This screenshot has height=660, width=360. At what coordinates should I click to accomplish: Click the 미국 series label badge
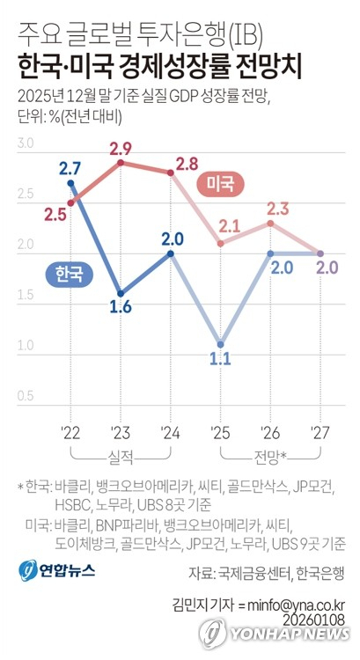tap(220, 183)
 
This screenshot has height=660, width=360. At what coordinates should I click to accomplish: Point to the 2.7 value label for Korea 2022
tap(70, 167)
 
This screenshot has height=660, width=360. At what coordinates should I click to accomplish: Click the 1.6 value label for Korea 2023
tap(121, 308)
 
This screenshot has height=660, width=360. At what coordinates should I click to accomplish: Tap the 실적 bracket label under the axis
tap(121, 456)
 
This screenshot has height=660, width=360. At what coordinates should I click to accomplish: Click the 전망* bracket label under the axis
tap(271, 456)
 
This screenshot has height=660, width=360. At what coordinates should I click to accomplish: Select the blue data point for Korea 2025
tap(220, 344)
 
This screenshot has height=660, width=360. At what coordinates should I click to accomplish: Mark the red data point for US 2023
tap(121, 163)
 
